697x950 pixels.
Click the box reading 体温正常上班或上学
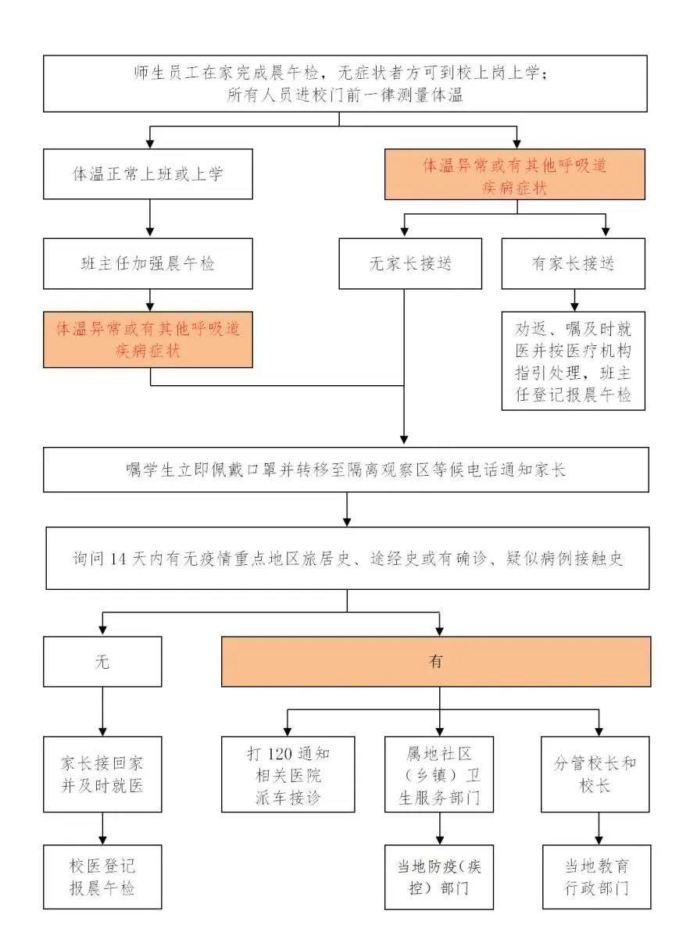[148, 173]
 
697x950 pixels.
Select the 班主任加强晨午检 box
[148, 263]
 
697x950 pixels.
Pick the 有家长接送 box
[573, 263]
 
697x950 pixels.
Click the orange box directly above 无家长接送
[515, 174]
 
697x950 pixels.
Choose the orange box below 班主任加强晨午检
[148, 340]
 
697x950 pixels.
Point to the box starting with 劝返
[573, 361]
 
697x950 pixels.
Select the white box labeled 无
[102, 661]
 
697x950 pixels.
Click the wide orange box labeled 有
[436, 661]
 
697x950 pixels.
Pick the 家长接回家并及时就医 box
[102, 774]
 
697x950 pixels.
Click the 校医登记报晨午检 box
[102, 877]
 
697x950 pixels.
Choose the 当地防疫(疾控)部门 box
[439, 877]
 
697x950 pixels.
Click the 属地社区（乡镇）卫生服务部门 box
[439, 774]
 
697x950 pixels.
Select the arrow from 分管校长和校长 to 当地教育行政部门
[599, 828]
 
